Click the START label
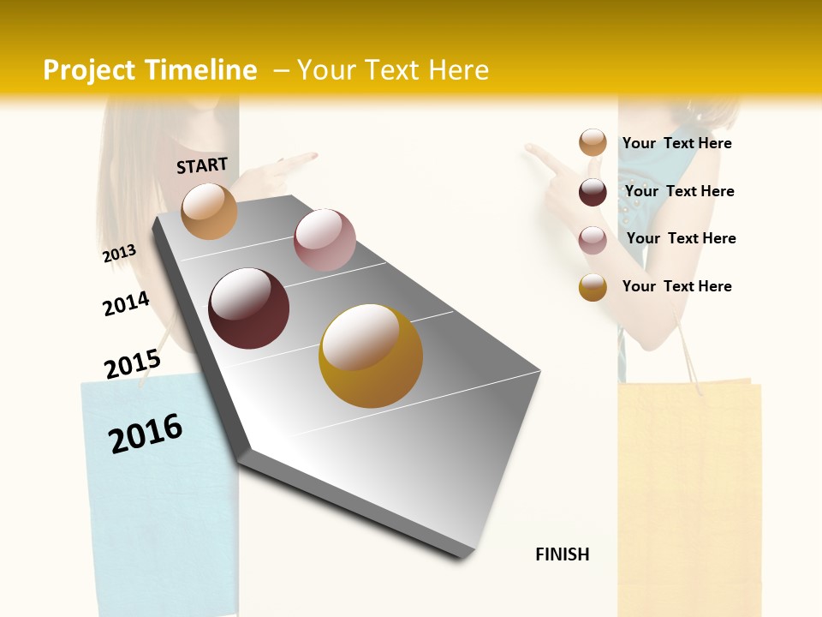pos(202,165)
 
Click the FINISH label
pos(562,554)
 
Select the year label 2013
pos(120,253)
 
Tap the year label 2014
pos(126,304)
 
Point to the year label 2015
pos(132,364)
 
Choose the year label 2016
pos(146,433)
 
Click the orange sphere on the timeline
pos(210,211)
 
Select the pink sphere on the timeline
pos(325,240)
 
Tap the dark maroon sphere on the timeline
pos(249,308)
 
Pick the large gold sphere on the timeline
pos(371,356)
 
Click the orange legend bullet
pos(593,142)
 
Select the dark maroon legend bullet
pos(593,192)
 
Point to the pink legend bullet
pos(593,240)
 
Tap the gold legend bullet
pos(593,287)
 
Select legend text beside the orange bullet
pos(676,143)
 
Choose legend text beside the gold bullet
pos(676,286)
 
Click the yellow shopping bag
pos(689,497)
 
